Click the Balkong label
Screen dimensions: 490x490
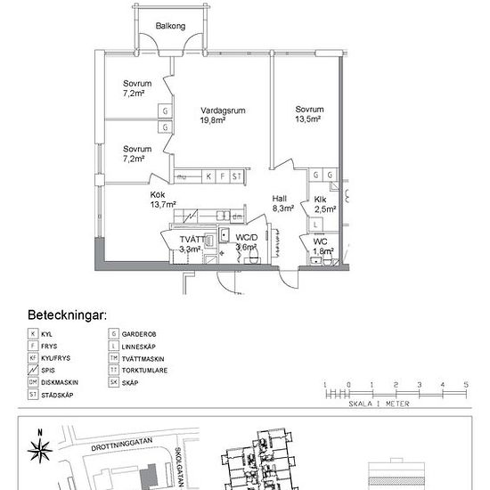click(x=170, y=27)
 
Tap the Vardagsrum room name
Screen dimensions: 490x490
click(x=222, y=110)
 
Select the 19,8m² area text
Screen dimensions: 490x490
click(x=222, y=121)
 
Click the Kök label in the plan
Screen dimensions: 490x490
click(x=159, y=194)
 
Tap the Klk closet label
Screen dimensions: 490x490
click(x=321, y=200)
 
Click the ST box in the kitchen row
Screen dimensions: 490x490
click(x=236, y=176)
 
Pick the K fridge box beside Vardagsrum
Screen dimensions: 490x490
click(x=208, y=176)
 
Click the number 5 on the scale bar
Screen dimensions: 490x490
click(x=465, y=385)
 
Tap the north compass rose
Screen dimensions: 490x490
click(x=39, y=448)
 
